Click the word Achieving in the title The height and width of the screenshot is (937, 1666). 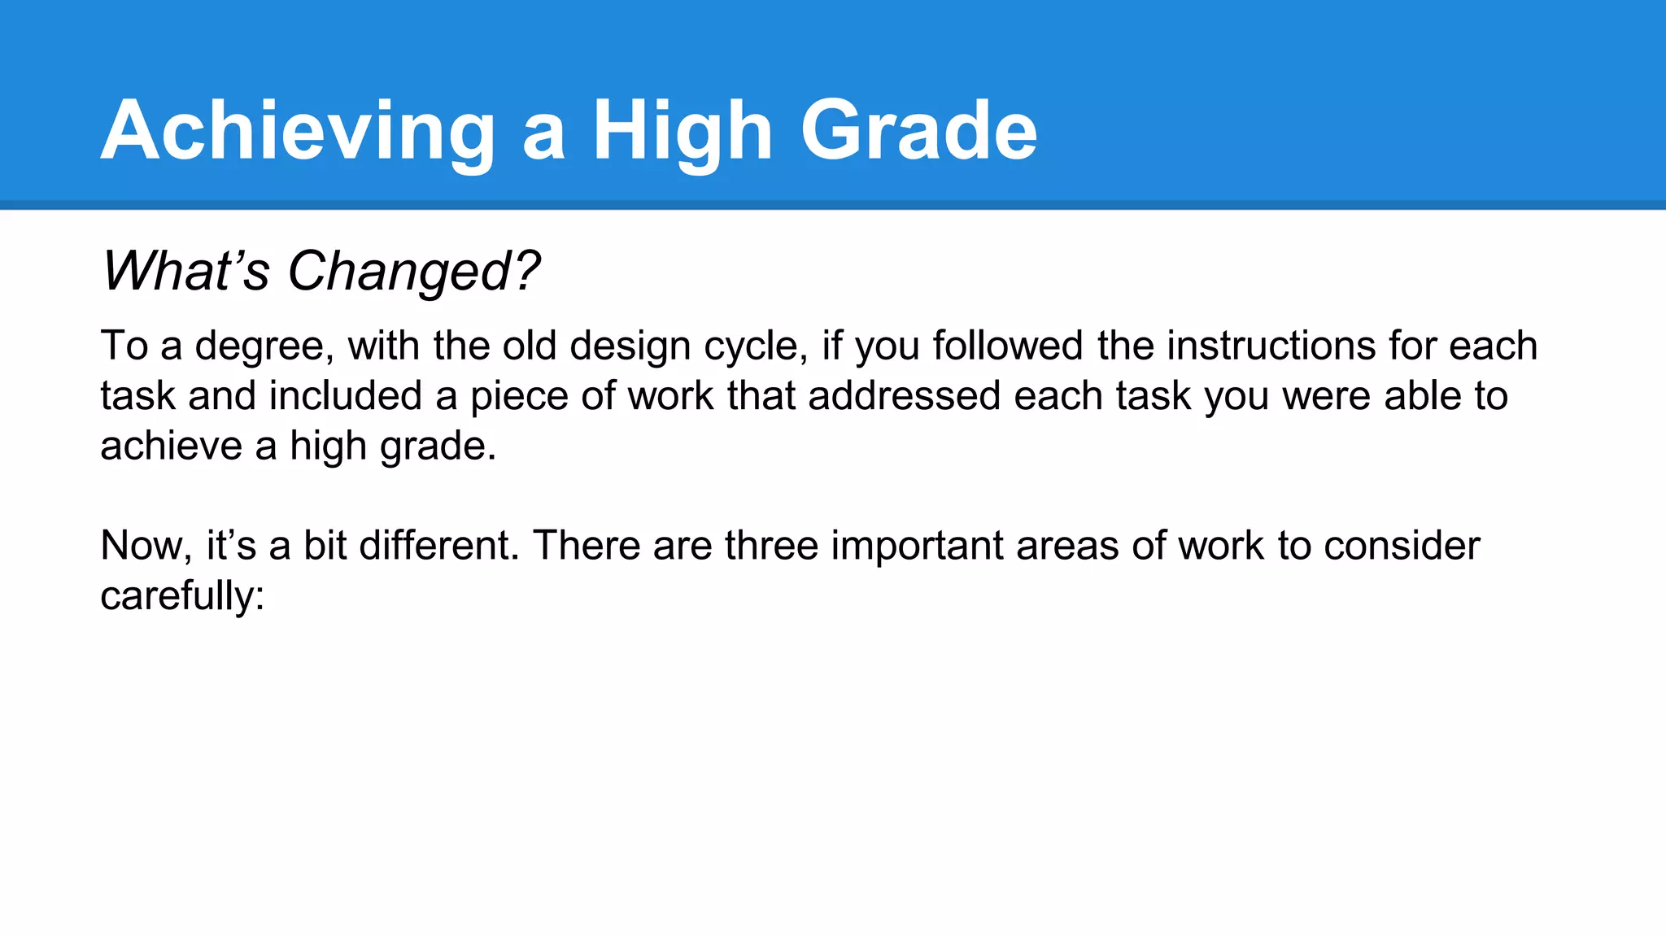[x=298, y=133]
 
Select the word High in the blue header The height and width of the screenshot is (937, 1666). [x=682, y=133]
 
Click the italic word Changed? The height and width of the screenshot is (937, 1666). [x=413, y=272]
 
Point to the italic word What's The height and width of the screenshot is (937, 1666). [x=185, y=270]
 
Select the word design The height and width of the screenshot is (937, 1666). [x=630, y=347]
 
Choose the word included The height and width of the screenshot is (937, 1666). [x=346, y=396]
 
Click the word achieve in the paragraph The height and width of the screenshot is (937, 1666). [x=172, y=446]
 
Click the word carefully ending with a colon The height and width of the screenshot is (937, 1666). [x=182, y=596]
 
